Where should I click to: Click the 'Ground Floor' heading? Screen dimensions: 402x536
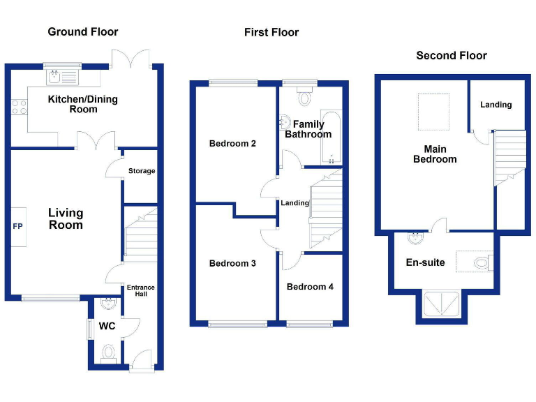tap(82, 31)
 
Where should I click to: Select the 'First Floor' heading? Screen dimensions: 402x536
tap(271, 32)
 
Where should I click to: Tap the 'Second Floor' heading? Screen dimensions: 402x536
tap(451, 55)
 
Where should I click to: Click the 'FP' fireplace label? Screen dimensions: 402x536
tap(17, 227)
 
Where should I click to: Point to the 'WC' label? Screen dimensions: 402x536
tap(107, 326)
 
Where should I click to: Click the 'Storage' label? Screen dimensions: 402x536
tap(142, 171)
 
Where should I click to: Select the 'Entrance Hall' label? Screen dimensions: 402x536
tap(140, 291)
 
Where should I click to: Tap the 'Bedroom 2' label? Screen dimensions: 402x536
tap(232, 144)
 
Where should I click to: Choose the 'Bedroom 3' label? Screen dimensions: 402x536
tap(232, 263)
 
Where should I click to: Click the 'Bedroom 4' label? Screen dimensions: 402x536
tap(310, 286)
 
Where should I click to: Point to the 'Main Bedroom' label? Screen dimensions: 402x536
tap(435, 154)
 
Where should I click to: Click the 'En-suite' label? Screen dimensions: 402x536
tap(425, 262)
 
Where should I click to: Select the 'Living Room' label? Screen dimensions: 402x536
tap(66, 218)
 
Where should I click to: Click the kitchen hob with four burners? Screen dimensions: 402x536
tap(20, 107)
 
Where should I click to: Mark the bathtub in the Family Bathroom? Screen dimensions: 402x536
tap(332, 137)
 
